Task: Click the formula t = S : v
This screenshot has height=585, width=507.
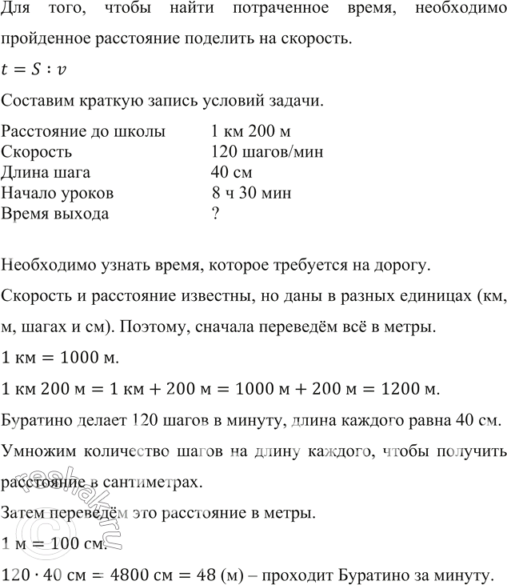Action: [x=35, y=70]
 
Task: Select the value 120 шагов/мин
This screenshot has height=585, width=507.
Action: [x=266, y=152]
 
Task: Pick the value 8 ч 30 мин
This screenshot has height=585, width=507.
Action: [x=251, y=194]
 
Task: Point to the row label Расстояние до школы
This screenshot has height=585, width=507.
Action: [x=83, y=130]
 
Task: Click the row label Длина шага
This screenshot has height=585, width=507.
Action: [x=46, y=173]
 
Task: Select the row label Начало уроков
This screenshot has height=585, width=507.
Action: [x=58, y=194]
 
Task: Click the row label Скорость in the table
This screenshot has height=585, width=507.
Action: [x=37, y=152]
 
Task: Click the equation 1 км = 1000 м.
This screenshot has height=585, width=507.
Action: [x=60, y=336]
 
